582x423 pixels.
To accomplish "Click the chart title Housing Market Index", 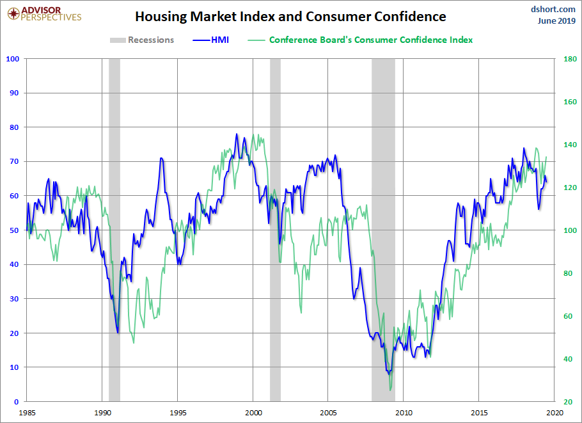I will coord(290,17).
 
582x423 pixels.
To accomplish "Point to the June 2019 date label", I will coord(556,20).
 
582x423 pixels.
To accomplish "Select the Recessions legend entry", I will coord(142,40).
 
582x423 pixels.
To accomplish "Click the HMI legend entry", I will coord(210,40).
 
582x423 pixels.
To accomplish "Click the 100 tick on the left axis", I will coord(13,59).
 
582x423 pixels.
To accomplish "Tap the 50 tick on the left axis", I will coord(15,230).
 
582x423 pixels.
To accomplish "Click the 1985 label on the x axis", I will coord(27,413).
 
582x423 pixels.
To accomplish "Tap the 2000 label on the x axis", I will coord(253,413).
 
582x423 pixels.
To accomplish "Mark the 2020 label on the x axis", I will coord(554,413).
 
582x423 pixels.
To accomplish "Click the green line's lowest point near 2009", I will coord(390,390).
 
